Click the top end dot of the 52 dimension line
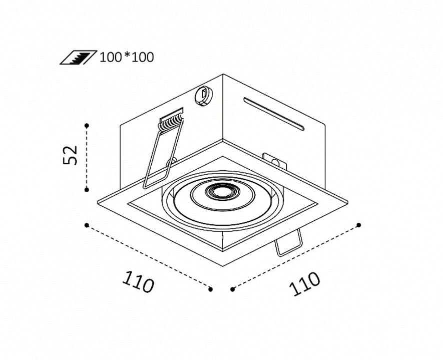(87, 125)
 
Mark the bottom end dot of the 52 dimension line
(87, 190)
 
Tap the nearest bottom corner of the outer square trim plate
(223, 266)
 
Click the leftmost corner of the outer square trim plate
(98, 201)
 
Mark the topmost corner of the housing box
(223, 74)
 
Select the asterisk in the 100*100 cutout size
(127, 56)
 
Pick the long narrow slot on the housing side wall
(274, 115)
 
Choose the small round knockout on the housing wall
(203, 96)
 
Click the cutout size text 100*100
(127, 57)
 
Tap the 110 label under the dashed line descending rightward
(138, 281)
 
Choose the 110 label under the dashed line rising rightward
(304, 283)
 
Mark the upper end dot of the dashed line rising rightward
(359, 225)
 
